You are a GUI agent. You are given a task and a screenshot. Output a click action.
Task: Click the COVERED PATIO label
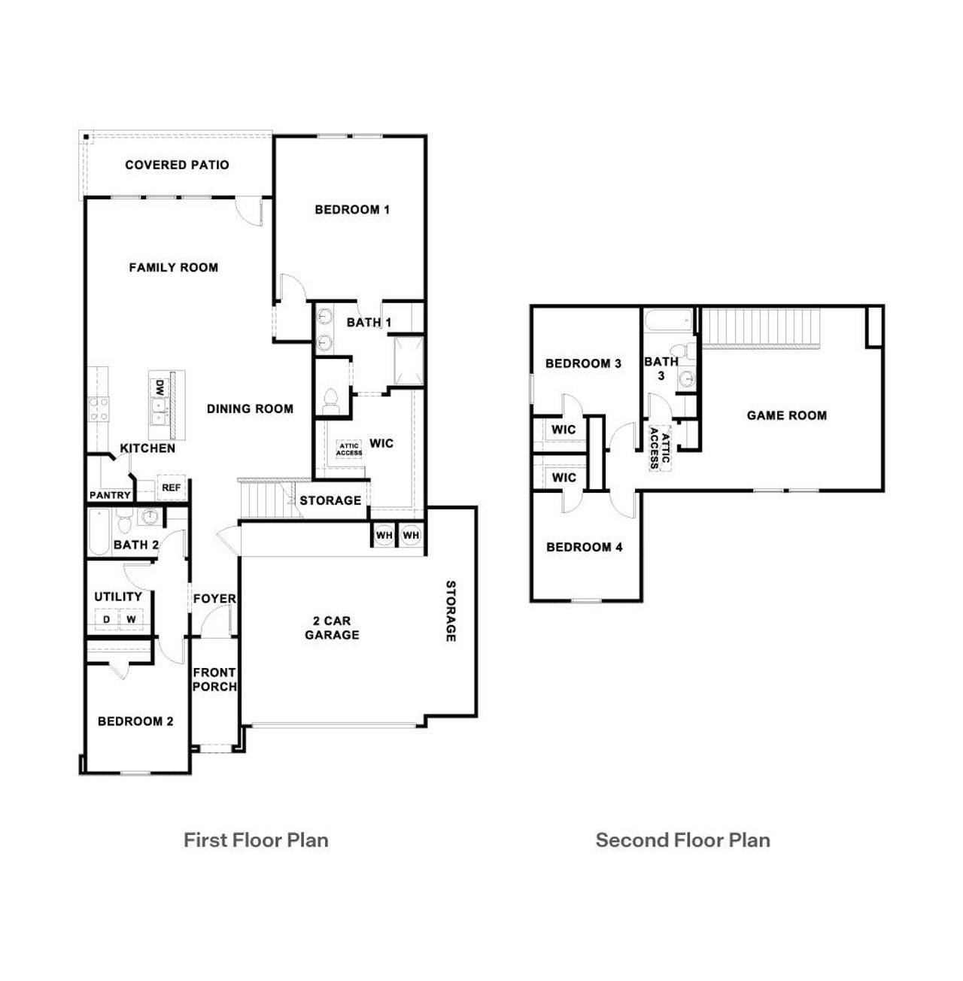point(177,165)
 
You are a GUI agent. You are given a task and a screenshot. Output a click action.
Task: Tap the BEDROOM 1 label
point(352,210)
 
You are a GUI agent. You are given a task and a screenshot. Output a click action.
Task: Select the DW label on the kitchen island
point(159,388)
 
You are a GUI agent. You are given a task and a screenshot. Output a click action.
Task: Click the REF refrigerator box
point(172,488)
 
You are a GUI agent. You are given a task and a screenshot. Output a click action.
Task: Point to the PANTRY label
point(110,496)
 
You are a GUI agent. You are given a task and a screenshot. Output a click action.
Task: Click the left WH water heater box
point(384,535)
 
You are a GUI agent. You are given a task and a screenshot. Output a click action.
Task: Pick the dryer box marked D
point(107,619)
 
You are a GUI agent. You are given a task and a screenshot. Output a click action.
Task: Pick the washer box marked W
point(131,619)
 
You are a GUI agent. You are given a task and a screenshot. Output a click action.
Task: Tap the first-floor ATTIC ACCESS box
point(349,450)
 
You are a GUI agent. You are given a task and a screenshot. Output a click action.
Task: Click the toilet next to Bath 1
point(330,399)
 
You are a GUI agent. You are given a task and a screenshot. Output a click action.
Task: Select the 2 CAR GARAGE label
point(332,628)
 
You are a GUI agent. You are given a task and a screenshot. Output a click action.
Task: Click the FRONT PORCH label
point(214,679)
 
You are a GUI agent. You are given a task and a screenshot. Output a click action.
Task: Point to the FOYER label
point(214,599)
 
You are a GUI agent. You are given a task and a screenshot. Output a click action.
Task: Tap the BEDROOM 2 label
point(135,721)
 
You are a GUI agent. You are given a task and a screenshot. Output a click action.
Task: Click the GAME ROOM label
point(786,415)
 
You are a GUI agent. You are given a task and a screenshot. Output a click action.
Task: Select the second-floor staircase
point(759,326)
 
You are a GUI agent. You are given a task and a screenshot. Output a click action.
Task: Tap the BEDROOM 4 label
point(585,547)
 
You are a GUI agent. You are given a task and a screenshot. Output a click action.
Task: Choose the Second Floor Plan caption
point(682,840)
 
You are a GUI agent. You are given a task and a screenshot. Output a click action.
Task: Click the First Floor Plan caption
point(256,840)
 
